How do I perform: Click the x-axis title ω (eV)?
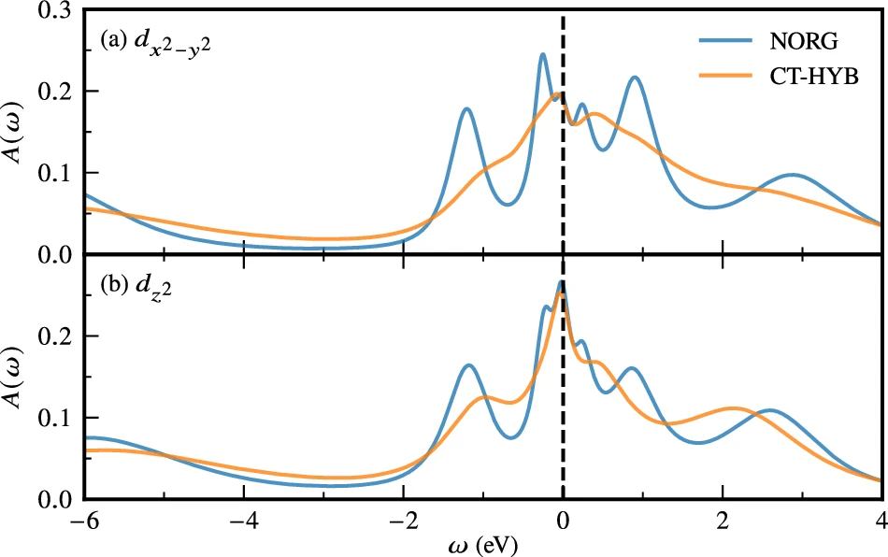[x=482, y=543]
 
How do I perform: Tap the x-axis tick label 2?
[x=722, y=517]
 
